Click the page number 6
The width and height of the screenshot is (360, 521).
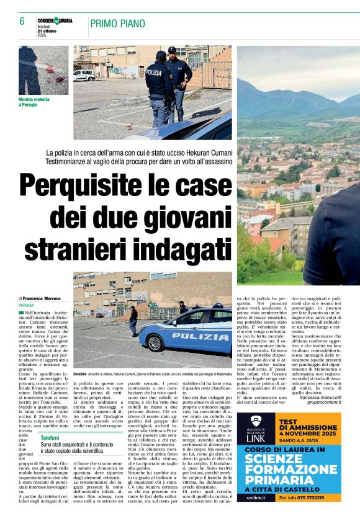pyautogui.click(x=22, y=22)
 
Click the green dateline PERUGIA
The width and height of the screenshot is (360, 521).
pyautogui.click(x=27, y=306)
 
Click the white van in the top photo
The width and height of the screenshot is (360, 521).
pyautogui.click(x=84, y=75)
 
